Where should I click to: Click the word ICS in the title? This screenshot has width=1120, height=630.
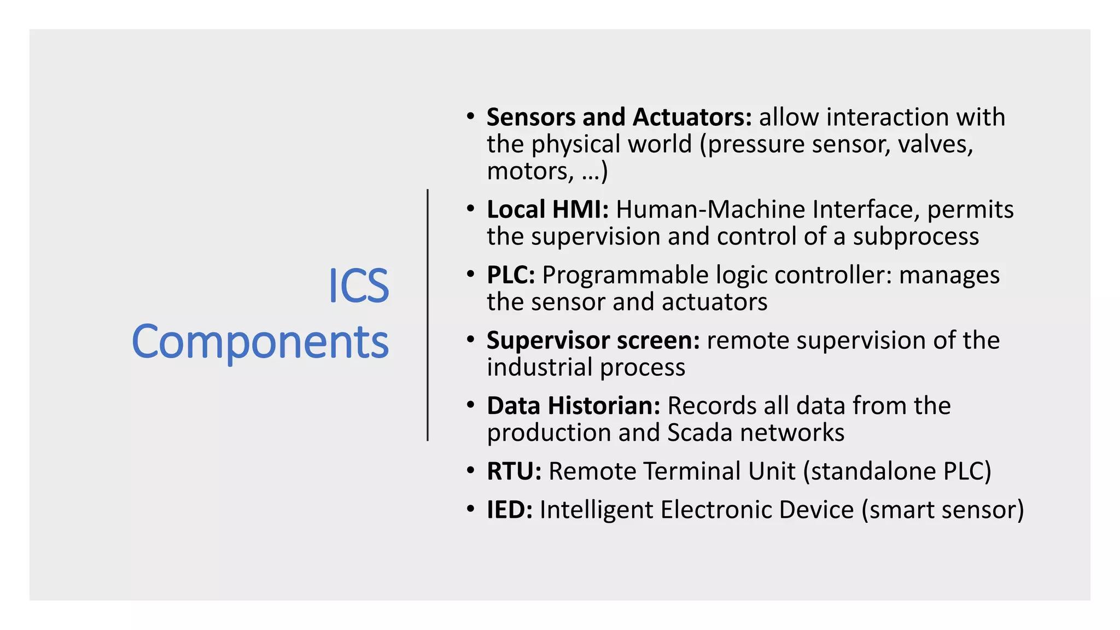358,286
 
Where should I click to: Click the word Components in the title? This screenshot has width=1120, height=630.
260,342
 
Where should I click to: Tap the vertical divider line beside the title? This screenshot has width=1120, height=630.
428,315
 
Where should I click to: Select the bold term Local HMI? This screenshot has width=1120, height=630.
547,209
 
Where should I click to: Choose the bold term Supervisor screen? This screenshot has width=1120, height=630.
593,340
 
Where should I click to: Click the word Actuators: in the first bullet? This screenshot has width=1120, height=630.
692,117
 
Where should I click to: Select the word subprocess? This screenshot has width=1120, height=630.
916,237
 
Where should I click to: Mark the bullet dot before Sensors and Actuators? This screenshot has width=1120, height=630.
470,116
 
